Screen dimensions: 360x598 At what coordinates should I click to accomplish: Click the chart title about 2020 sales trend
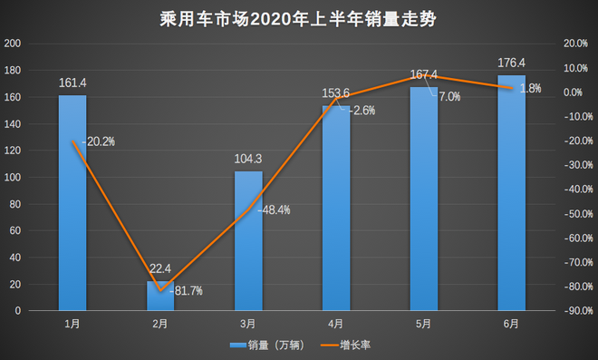point(299,18)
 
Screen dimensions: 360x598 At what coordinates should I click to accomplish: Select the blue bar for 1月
point(72,204)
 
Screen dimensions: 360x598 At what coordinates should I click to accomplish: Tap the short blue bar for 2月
point(160,297)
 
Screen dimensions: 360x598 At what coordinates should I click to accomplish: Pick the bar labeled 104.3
point(248,241)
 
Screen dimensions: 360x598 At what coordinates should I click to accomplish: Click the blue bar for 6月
point(511,195)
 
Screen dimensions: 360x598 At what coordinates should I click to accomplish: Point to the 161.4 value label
point(72,83)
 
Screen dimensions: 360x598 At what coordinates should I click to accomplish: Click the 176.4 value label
point(511,63)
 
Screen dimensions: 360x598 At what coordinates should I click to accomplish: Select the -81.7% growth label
point(187,291)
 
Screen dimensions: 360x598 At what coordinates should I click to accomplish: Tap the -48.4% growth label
point(274,210)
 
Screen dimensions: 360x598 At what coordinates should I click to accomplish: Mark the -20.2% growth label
point(99,141)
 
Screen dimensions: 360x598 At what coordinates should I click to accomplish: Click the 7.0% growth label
point(449,96)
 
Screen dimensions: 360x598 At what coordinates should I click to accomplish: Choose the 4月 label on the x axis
point(335,324)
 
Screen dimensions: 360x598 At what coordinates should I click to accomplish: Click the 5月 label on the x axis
point(423,324)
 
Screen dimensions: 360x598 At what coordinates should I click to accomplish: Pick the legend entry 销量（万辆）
point(269,345)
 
